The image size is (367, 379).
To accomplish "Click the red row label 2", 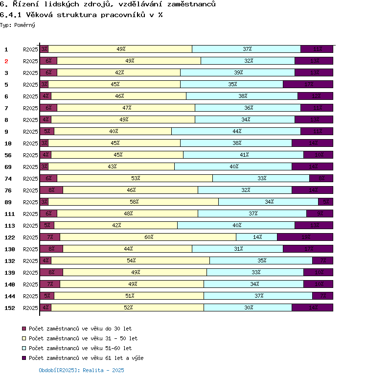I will click(6, 61).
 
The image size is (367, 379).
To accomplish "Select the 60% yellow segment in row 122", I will click(148, 237).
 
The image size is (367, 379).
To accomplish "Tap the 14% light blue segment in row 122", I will click(257, 237).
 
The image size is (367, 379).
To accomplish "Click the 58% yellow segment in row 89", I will click(134, 202).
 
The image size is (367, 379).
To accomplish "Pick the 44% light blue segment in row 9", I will click(236, 131).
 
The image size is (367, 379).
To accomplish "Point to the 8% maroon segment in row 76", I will click(51, 190).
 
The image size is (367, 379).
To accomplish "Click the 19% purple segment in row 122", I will click(305, 237).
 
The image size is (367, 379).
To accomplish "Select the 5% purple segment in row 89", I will click(326, 202).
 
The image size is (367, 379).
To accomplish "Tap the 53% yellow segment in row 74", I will click(135, 178).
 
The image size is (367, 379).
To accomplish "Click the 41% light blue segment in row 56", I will click(244, 155).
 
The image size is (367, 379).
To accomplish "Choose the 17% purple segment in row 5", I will click(308, 84).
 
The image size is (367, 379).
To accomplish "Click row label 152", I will click(10, 308).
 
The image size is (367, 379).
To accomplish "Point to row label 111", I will click(10, 214).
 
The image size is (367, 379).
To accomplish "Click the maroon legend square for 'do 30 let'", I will click(23, 329).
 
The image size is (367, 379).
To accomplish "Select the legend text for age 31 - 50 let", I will click(83, 338).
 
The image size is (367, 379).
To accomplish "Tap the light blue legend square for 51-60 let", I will click(23, 348).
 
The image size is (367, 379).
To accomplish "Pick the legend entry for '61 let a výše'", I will click(86, 358).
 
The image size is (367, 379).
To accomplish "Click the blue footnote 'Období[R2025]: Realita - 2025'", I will click(81, 371).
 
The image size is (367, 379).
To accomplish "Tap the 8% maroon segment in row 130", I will click(51, 249).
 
